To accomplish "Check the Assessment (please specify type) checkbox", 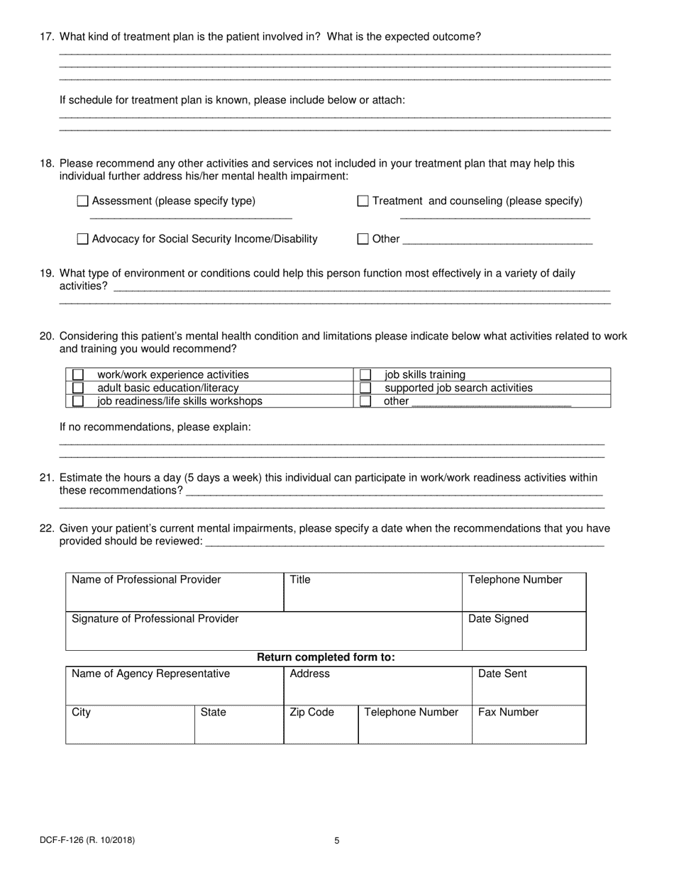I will [82, 201].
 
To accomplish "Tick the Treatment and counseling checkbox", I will [363, 201].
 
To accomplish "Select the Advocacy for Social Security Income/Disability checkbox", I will [82, 240].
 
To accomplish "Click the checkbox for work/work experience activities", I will [78, 374].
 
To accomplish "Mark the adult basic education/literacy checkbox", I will [78, 388].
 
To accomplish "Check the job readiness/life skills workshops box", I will [78, 401].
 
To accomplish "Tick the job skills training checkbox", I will [365, 374].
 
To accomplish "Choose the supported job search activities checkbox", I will [365, 388].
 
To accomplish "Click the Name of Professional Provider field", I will [175, 593].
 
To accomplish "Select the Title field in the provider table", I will [372, 593].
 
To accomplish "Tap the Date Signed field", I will [524, 632].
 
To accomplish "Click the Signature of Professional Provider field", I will [263, 632].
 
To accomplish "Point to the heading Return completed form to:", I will [326, 657].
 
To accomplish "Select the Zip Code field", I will [321, 725].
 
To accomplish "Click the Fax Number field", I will [529, 725].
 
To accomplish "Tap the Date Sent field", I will [529, 686].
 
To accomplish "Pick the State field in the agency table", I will [239, 725].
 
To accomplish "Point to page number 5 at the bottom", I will [337, 842].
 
